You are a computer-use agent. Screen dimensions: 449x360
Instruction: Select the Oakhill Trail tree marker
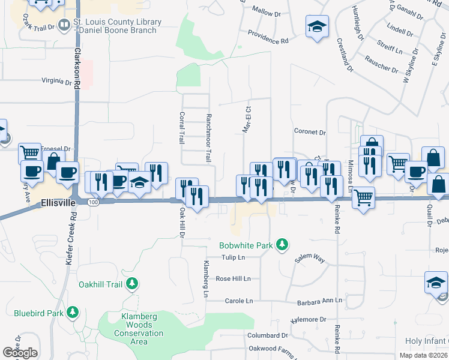tap(133, 283)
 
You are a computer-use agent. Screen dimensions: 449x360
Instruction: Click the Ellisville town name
tap(59, 203)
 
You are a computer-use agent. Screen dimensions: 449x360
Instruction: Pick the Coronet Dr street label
tap(310, 132)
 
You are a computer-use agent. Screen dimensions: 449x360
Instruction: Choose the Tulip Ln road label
tap(234, 257)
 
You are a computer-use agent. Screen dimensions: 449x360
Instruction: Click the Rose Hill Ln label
tap(233, 279)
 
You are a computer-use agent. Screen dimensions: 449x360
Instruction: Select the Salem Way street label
tap(310, 259)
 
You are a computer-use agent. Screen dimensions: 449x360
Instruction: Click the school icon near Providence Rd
tap(317, 27)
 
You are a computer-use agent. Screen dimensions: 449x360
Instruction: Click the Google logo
tap(20, 353)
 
